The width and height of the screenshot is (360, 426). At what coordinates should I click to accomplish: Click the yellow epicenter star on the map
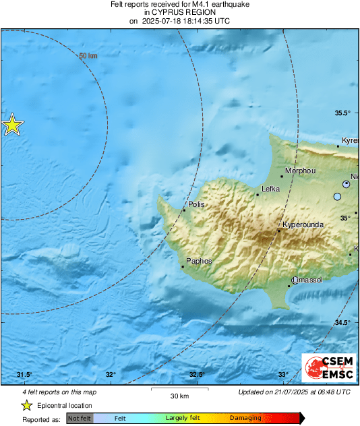12,125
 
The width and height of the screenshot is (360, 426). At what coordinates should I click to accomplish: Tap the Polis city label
196,204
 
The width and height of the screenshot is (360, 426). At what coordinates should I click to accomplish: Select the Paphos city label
199,261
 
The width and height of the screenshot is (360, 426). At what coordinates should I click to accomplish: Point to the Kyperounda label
302,224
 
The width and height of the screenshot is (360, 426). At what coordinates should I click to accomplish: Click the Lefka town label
270,189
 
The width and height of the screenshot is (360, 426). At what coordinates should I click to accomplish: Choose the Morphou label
301,171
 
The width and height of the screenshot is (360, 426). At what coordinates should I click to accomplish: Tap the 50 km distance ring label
88,56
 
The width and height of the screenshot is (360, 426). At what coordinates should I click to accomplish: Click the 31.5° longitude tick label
24,375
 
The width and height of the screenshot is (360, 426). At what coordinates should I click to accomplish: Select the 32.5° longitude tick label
197,375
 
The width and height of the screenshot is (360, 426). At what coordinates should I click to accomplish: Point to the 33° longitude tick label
283,375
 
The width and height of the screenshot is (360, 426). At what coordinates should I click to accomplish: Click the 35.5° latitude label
344,113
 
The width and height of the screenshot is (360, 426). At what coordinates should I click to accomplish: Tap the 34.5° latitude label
344,323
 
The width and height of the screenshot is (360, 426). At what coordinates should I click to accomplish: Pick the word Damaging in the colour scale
245,418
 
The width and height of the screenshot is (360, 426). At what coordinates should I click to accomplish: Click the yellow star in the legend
26,405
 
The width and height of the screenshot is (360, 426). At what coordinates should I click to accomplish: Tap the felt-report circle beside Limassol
295,280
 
